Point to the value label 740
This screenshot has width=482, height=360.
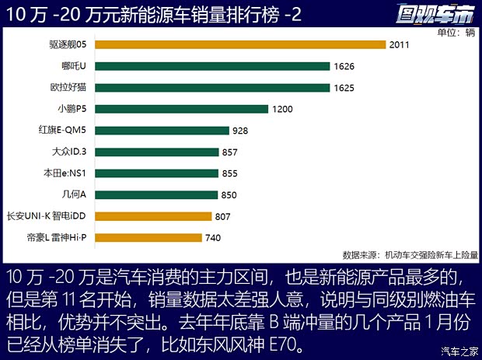(214, 238)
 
